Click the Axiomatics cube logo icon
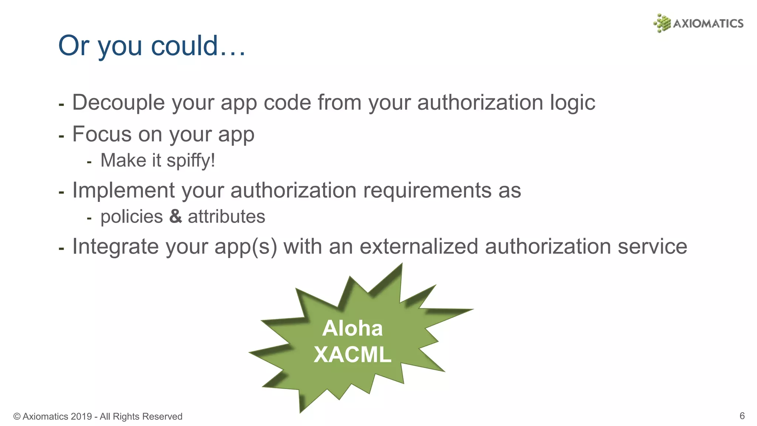(662, 23)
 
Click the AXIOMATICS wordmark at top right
(708, 24)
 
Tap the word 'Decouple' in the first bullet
(118, 102)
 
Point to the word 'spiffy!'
(191, 161)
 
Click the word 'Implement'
(123, 190)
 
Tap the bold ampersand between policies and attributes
(176, 216)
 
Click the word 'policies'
(132, 217)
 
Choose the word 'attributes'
(226, 217)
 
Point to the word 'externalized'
(419, 246)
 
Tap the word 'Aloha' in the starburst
(352, 328)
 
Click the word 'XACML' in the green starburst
(352, 354)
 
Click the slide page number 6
(742, 416)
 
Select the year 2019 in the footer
(81, 416)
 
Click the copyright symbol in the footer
(17, 416)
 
